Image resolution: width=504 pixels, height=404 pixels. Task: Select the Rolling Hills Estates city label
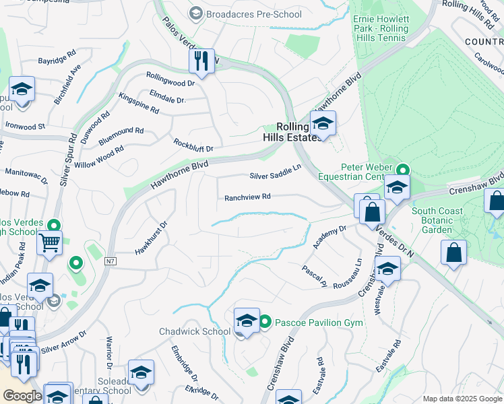point(291,131)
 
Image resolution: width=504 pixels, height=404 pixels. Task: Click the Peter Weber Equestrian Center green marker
point(403,170)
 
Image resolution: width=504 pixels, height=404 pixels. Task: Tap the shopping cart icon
point(50,242)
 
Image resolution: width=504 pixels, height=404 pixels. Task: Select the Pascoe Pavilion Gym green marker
point(265,323)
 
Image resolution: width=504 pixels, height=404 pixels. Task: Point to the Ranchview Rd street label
point(247,197)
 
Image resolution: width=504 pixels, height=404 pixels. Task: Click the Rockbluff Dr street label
point(193,145)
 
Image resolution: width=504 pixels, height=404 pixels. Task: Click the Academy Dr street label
point(329,237)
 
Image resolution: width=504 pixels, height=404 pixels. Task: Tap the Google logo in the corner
point(22,395)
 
